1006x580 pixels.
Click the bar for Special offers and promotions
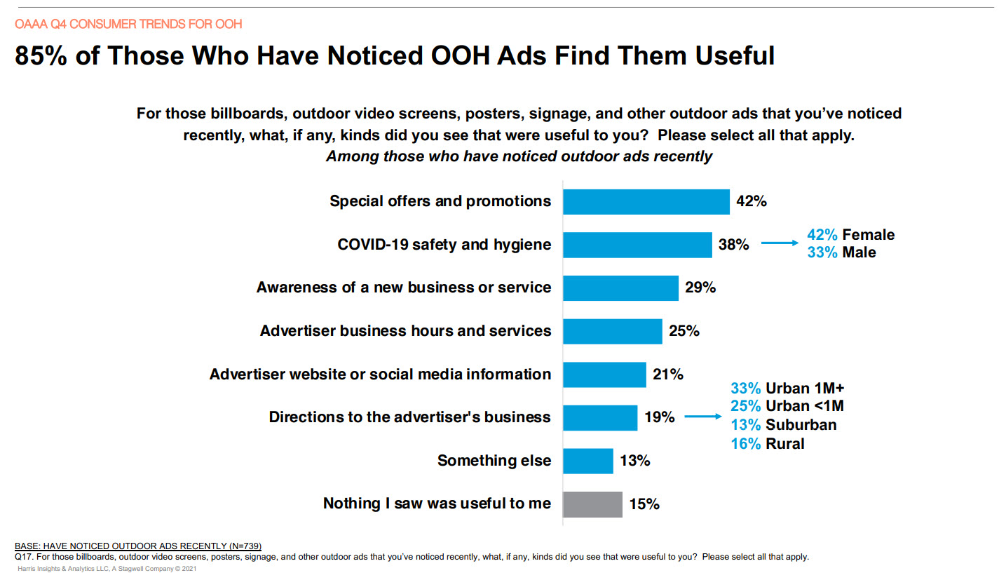coord(646,202)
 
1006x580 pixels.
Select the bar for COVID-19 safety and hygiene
coord(637,245)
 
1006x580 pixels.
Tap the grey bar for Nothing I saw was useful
coord(593,504)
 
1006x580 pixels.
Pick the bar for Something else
coord(588,461)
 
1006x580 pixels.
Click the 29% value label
coord(700,288)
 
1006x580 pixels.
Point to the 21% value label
coord(667,375)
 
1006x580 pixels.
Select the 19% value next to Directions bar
coord(659,418)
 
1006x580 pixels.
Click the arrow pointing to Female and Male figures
coord(780,244)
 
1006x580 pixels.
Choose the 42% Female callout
coord(850,235)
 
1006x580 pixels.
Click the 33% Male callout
coord(841,252)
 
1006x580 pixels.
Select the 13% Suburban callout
coord(783,425)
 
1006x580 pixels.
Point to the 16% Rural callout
coord(768,443)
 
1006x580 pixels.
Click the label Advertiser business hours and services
coord(405,331)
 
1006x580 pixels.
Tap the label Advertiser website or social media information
coord(380,375)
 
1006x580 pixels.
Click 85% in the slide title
coord(41,56)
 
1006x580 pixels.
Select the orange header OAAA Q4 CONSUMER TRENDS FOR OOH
coord(128,25)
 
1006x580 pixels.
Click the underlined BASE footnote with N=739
coord(138,546)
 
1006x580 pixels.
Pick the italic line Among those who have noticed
coord(519,156)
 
